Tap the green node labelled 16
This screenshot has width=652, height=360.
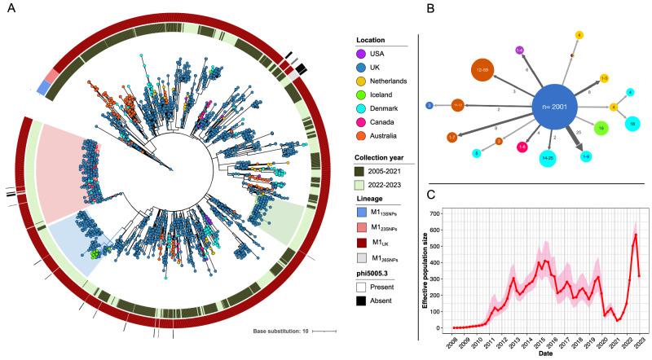click(601, 128)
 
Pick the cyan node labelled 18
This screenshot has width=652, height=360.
click(632, 122)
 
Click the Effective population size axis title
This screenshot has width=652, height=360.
click(425, 269)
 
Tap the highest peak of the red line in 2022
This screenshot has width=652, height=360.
click(635, 235)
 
